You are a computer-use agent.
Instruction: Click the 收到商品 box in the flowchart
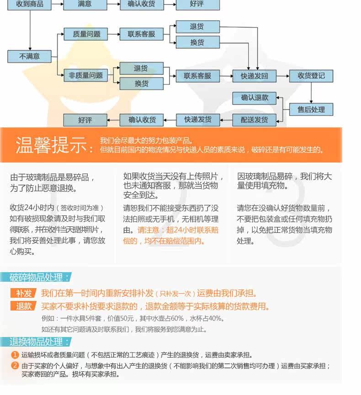[30, 4]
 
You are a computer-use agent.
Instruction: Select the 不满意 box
[30, 56]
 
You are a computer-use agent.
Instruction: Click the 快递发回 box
[255, 76]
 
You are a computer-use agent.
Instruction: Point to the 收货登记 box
[311, 76]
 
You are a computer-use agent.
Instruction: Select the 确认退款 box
[255, 98]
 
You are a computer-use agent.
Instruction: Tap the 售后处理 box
[311, 110]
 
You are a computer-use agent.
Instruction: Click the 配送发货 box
[255, 120]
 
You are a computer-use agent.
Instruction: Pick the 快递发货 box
[198, 120]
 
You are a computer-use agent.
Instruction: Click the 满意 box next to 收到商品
[85, 4]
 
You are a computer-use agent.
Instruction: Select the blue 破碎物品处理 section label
[40, 277]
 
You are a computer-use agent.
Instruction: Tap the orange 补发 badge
[24, 293]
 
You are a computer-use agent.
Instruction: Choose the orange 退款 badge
[24, 306]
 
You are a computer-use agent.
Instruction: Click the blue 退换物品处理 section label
[40, 342]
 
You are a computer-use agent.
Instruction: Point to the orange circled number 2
[15, 365]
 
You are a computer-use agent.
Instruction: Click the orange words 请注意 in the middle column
[149, 230]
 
